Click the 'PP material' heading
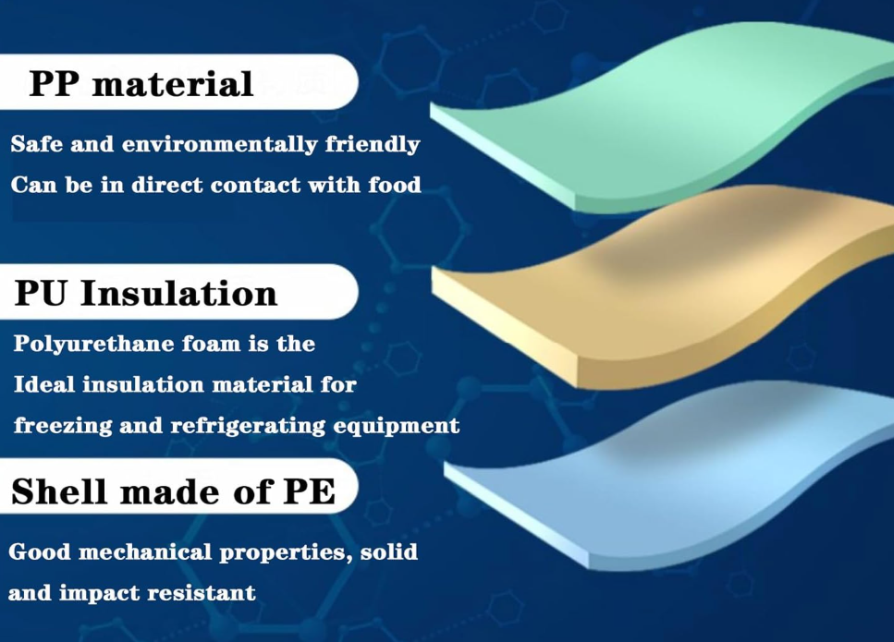coord(141,84)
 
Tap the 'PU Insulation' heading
coord(145,293)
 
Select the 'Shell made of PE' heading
coord(173,491)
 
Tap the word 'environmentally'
coord(219,145)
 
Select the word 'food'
coord(395,185)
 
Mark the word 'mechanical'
coord(145,552)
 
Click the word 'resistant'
coord(202,593)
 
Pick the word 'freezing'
coord(63,426)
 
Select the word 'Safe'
coord(36,143)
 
